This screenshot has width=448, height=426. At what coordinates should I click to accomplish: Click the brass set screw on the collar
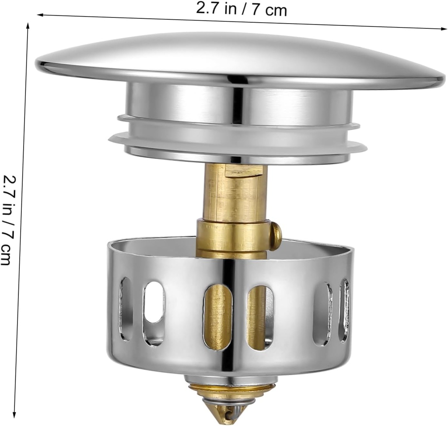coord(275,236)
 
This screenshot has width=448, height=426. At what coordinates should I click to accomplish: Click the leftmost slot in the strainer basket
coord(126,308)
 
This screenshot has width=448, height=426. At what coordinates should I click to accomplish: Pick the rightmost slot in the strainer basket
coord(345,310)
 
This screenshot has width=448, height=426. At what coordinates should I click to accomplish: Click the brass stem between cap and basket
coord(234,192)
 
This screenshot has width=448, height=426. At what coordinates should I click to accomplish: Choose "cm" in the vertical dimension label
coord(6,255)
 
